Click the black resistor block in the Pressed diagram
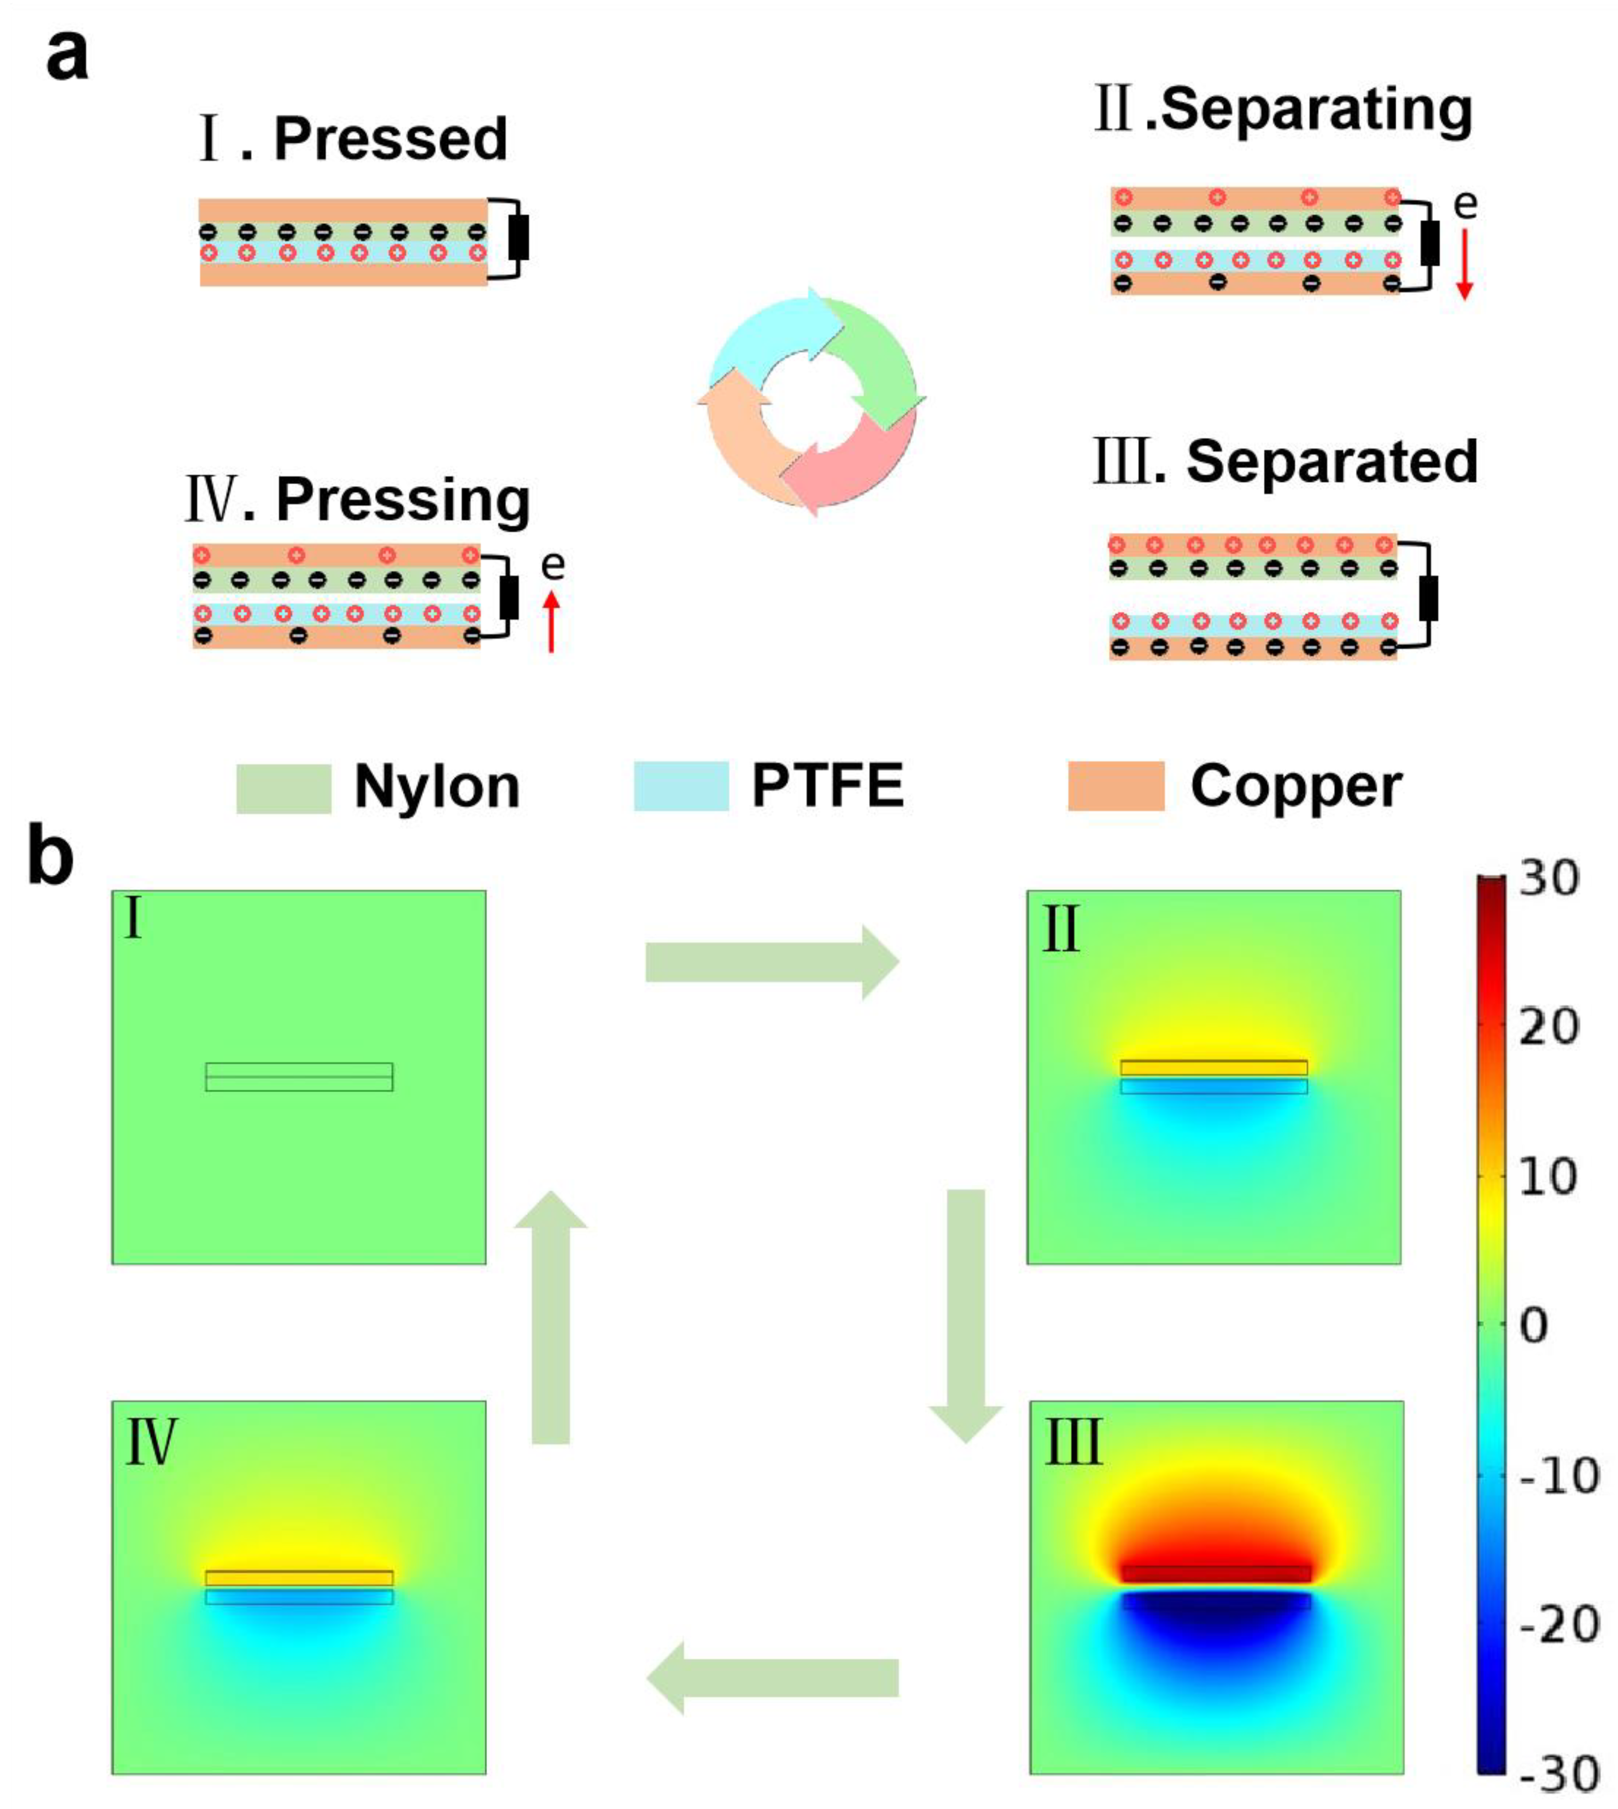[x=518, y=238]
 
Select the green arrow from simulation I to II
[x=772, y=962]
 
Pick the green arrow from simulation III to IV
[x=772, y=1677]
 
